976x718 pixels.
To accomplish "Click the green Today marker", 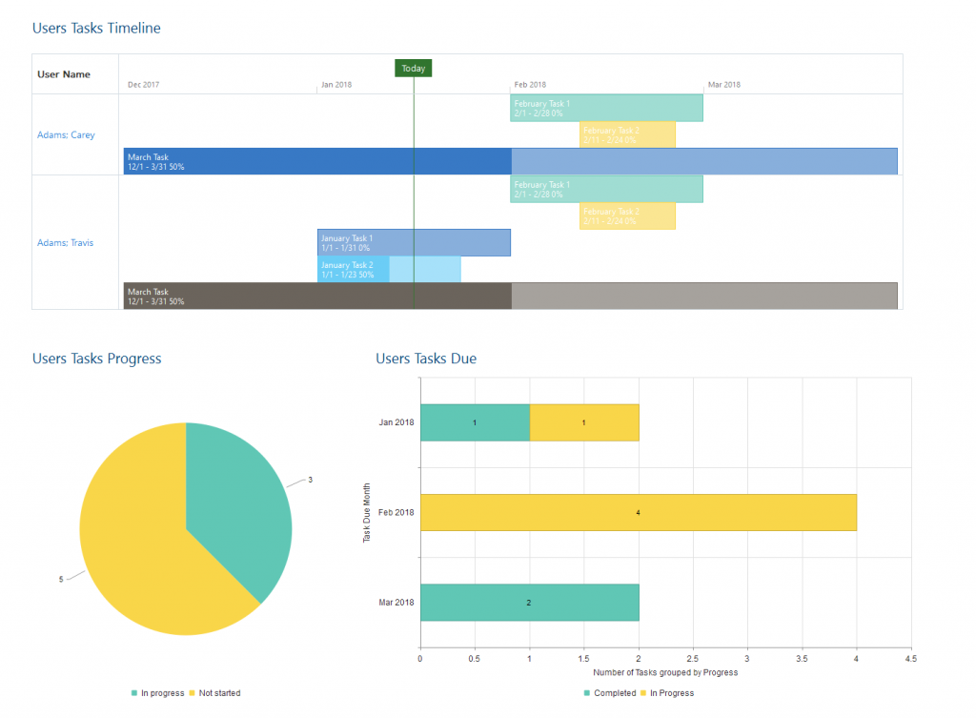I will pyautogui.click(x=414, y=69).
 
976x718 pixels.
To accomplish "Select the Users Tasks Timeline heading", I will pyautogui.click(x=96, y=29).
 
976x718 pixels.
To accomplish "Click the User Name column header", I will pyautogui.click(x=64, y=74).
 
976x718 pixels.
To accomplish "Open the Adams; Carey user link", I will pyautogui.click(x=66, y=135).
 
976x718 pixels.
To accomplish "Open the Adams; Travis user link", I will pyautogui.click(x=66, y=243).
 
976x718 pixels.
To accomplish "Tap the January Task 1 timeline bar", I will pyautogui.click(x=414, y=243).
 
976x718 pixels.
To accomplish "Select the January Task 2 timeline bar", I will pyautogui.click(x=389, y=270).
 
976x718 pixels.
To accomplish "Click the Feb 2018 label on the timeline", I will pyautogui.click(x=530, y=85).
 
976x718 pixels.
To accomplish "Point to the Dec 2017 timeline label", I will pyautogui.click(x=144, y=85).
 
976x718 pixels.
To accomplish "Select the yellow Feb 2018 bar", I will pyautogui.click(x=638, y=512).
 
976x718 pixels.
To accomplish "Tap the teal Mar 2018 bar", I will pyautogui.click(x=529, y=603).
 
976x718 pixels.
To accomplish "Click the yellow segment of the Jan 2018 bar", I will pyautogui.click(x=583, y=422).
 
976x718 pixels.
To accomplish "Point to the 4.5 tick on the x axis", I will pyautogui.click(x=910, y=658).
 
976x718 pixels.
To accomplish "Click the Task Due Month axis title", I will pyautogui.click(x=367, y=513).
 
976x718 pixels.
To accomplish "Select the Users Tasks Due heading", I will pyautogui.click(x=426, y=359).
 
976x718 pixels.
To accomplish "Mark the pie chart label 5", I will pyautogui.click(x=61, y=579).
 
